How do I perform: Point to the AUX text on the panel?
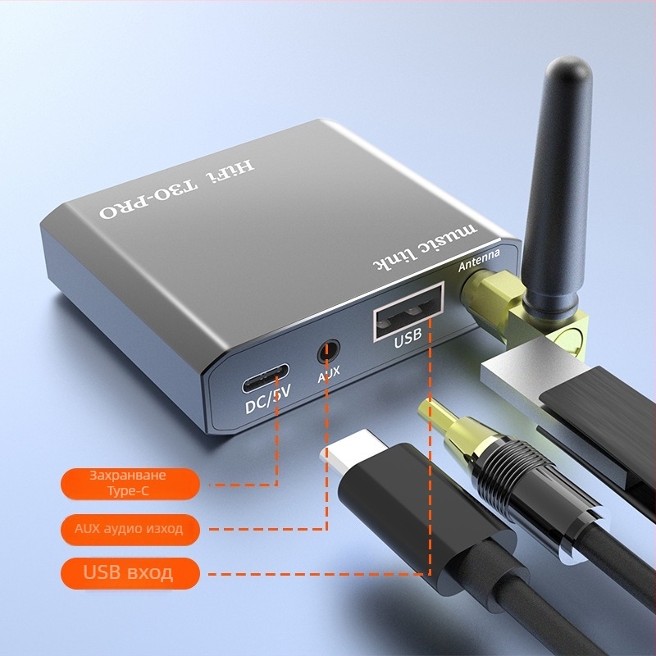(329, 378)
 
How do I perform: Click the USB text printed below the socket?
(408, 339)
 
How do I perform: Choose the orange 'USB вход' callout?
(130, 572)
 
